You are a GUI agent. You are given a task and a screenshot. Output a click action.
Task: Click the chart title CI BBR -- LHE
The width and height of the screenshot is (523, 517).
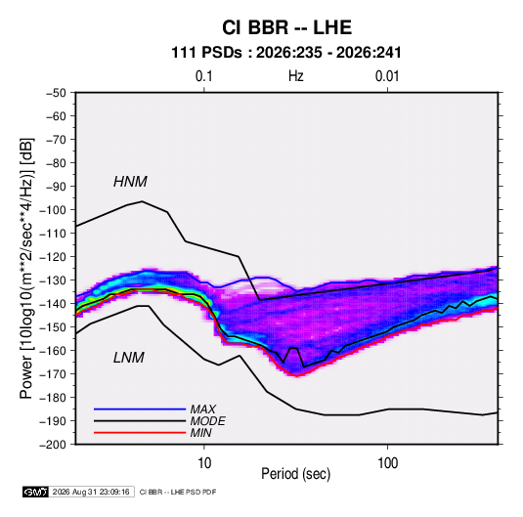(x=286, y=27)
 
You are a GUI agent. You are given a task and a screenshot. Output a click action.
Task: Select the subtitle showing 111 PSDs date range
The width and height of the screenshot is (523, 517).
(x=285, y=53)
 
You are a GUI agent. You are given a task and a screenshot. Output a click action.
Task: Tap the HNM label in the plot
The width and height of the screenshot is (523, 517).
(x=130, y=182)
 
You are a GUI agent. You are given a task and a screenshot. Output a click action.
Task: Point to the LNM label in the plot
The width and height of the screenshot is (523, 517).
(x=129, y=358)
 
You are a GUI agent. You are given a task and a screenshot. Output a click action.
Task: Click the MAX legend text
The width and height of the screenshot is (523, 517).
(x=202, y=409)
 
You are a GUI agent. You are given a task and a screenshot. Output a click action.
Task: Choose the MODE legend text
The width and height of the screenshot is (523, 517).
(x=207, y=421)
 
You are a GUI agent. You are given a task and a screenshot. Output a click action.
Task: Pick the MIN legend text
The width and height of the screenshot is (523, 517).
(x=200, y=433)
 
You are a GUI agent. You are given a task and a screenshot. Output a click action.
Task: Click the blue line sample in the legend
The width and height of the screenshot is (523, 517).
(x=140, y=409)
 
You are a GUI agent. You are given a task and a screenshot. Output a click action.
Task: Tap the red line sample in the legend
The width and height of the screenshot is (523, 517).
(x=140, y=433)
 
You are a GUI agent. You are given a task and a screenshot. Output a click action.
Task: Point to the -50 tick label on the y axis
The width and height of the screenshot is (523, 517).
(x=56, y=93)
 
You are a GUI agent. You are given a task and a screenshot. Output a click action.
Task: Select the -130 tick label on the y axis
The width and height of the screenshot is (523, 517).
(x=53, y=280)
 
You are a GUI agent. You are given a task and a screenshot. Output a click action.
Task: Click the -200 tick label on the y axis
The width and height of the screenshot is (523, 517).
(x=53, y=445)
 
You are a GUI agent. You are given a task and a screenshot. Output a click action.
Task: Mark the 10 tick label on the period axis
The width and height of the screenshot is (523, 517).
(x=204, y=463)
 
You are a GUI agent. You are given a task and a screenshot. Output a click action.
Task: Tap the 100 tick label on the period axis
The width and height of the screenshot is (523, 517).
(x=387, y=463)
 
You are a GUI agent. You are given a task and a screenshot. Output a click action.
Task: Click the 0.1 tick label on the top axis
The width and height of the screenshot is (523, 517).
(x=203, y=76)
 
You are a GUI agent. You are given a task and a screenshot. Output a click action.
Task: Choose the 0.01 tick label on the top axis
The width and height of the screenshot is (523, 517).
(x=387, y=76)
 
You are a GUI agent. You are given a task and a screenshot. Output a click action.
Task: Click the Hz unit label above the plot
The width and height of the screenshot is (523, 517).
(x=296, y=76)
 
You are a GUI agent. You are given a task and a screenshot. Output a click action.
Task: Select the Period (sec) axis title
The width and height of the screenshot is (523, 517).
(x=296, y=474)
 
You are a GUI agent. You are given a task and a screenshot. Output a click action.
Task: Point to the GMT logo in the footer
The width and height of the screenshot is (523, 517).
(x=35, y=492)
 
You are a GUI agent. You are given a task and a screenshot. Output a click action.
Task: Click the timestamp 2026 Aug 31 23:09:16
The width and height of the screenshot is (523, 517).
(x=91, y=492)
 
